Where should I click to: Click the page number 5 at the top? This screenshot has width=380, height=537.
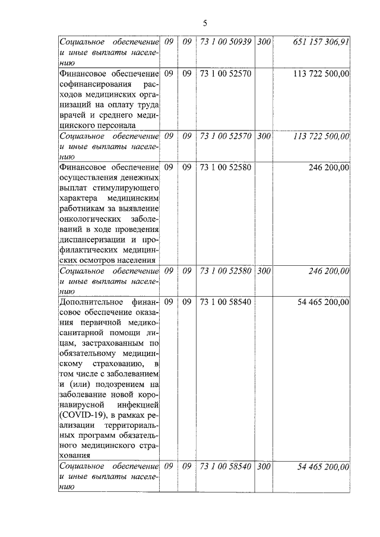tap(205, 23)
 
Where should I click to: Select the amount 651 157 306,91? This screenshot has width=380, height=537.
tap(321, 42)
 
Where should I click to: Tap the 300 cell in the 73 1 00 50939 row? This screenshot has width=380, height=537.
tap(265, 42)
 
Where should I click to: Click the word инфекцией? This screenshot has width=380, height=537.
tap(138, 405)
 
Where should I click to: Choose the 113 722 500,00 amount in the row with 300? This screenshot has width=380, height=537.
tap(321, 136)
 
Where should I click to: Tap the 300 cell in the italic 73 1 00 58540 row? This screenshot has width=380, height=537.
tap(265, 467)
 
